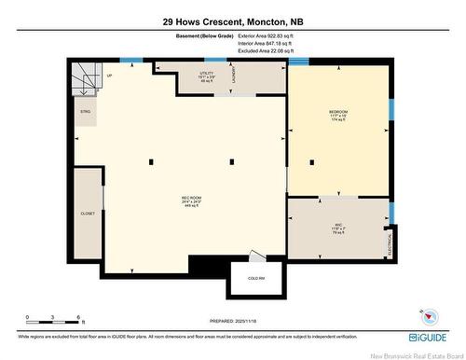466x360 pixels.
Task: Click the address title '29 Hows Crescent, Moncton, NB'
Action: [232, 20]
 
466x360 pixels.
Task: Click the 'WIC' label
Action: [339, 224]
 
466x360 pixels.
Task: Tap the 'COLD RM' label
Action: [255, 279]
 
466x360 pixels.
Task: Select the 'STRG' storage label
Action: [85, 110]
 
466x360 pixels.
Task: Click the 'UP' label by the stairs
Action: [109, 75]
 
